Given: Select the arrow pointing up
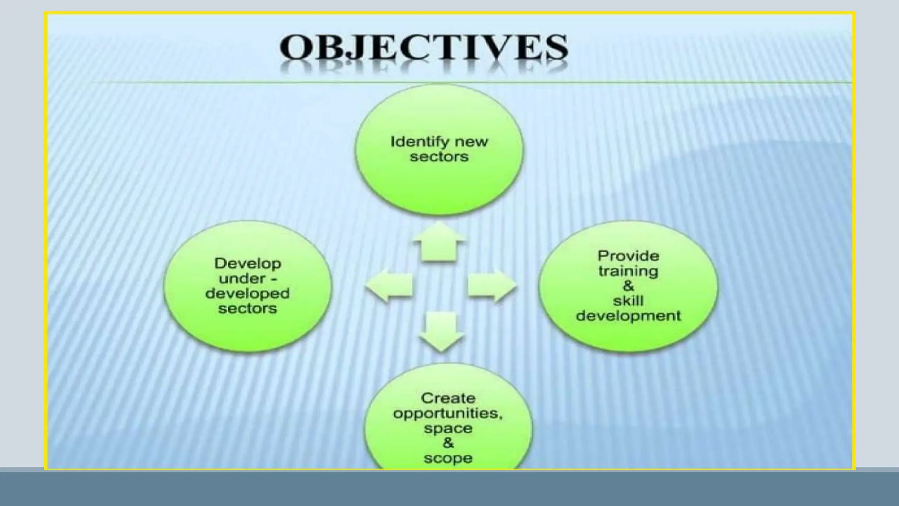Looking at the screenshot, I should (x=439, y=242).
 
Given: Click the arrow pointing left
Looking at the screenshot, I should (x=389, y=285).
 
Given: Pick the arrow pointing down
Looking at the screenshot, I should (x=441, y=331).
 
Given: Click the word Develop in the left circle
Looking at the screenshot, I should (x=248, y=263).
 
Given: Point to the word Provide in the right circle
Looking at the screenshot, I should (x=628, y=256).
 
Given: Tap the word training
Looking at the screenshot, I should (x=628, y=271).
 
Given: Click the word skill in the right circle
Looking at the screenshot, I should (x=628, y=301).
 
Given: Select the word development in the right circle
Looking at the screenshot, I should (x=628, y=316).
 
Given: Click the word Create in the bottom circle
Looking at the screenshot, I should (x=448, y=398).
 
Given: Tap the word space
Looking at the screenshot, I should (x=448, y=428).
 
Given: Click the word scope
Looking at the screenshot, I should (x=448, y=458).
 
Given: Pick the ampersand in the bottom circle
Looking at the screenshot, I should (x=448, y=443).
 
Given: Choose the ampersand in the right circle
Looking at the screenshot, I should (x=628, y=286).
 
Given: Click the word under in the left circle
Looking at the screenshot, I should (x=241, y=278).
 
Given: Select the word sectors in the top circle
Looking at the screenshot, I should (x=439, y=157).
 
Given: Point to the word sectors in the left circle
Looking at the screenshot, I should (x=248, y=308).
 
